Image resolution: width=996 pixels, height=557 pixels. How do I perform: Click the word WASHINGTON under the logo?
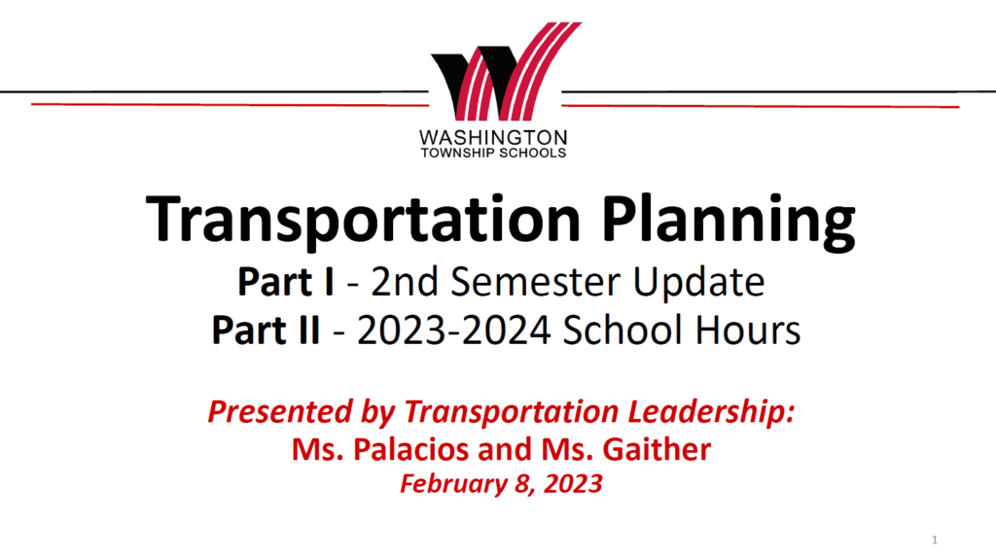(493, 137)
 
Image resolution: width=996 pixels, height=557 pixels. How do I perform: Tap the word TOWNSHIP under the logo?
(457, 153)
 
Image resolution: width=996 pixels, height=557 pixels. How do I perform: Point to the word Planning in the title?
(729, 222)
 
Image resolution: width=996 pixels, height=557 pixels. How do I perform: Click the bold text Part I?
(286, 281)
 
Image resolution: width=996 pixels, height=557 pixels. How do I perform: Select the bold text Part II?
(266, 331)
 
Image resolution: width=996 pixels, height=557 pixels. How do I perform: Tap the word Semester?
(537, 281)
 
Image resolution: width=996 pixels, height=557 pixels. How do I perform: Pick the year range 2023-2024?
(453, 331)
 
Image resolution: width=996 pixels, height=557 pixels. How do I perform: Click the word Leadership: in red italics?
(711, 412)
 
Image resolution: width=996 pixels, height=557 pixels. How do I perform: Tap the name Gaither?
(657, 449)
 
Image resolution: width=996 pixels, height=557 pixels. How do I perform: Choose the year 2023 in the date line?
(573, 484)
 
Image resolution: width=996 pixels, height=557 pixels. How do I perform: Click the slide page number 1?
(935, 540)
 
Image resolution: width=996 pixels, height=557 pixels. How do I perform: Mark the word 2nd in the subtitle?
(405, 281)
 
